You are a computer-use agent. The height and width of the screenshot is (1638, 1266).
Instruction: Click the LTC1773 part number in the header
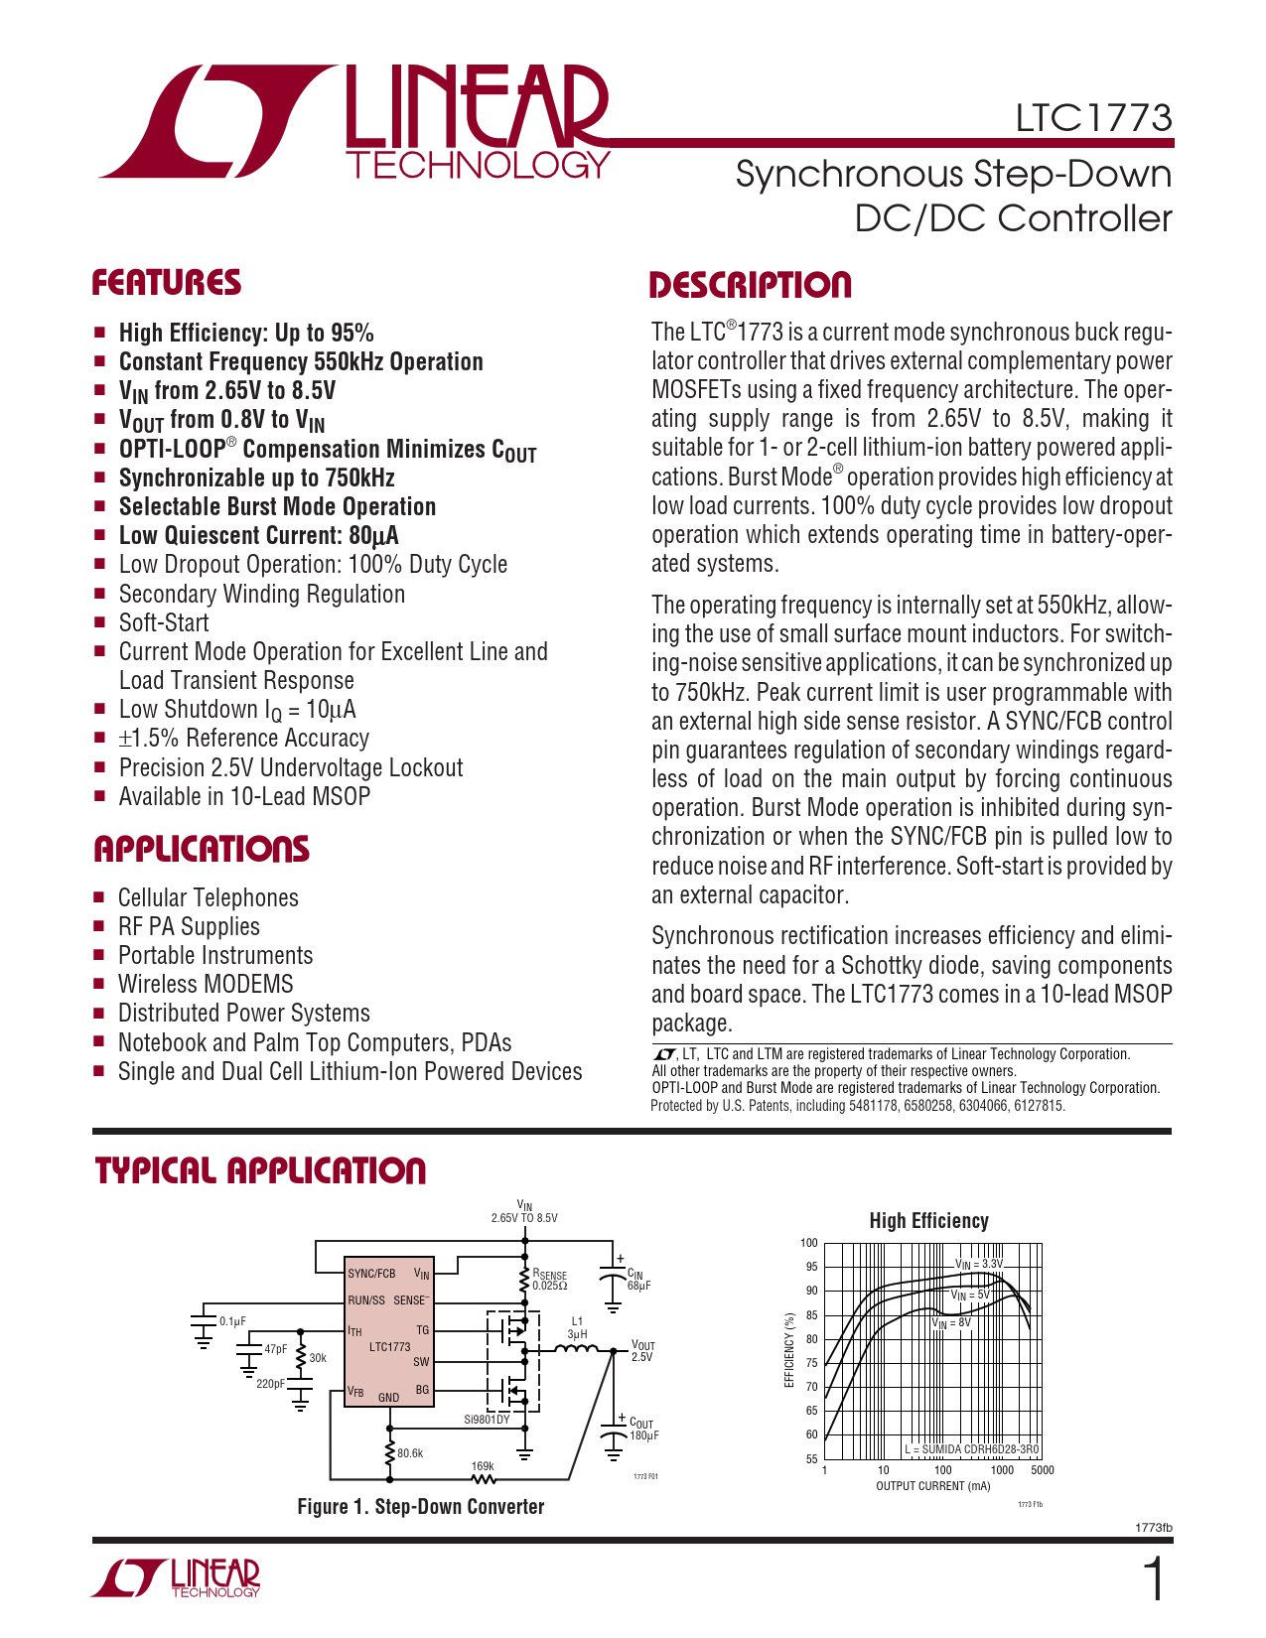1093,118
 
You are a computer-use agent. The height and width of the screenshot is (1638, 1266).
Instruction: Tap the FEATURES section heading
167,283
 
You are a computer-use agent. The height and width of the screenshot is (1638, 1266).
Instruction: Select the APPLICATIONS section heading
202,850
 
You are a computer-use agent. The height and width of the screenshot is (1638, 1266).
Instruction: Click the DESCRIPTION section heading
750,285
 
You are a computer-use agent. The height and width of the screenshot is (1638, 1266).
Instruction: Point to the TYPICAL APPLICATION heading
260,1170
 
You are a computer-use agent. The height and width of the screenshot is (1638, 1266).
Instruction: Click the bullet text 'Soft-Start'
164,622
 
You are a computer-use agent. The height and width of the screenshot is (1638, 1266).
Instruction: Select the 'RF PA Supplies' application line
189,926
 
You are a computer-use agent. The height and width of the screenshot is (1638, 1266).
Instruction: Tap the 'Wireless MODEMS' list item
206,984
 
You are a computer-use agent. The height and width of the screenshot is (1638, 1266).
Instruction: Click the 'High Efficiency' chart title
928,1221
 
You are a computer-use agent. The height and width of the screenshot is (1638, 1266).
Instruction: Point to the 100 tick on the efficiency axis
808,1243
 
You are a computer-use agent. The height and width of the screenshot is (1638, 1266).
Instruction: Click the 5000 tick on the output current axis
1042,1470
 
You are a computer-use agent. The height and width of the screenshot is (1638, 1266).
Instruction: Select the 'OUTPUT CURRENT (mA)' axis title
933,1486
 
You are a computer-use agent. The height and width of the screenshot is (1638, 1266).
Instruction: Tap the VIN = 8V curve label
951,1323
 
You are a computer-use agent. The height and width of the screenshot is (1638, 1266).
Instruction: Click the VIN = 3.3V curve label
979,1264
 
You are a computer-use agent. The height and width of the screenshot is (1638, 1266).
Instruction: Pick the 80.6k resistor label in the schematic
410,1453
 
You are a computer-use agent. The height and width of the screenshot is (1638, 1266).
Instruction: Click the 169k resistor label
483,1466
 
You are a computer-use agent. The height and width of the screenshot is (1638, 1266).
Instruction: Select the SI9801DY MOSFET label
487,1420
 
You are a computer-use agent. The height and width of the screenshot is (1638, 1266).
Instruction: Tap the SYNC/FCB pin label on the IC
371,1274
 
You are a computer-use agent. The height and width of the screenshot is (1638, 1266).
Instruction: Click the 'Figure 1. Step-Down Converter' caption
421,1507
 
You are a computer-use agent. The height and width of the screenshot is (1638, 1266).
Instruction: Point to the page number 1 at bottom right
1154,1580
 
